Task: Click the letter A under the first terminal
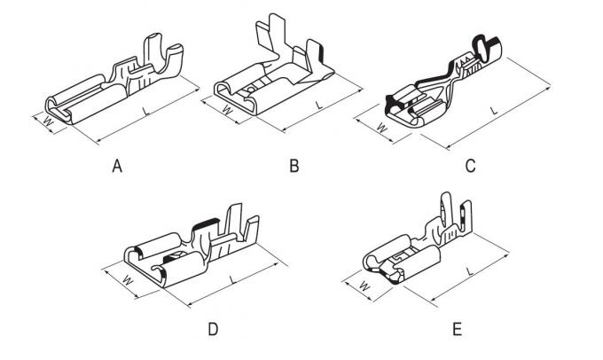point(117,166)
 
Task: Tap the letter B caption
point(294,166)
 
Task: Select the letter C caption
point(470,166)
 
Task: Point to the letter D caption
point(213,329)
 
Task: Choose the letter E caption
point(457,329)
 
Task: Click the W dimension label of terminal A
point(48,121)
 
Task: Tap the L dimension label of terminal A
point(145,112)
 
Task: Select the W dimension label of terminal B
point(228,110)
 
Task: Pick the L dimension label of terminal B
point(319,105)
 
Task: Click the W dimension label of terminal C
point(381,128)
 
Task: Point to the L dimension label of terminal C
point(494,111)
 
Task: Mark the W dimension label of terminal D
point(128,279)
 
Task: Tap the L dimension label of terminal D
point(232,279)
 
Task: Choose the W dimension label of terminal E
point(364,286)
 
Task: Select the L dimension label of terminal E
point(469,271)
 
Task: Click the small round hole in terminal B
point(250,90)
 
